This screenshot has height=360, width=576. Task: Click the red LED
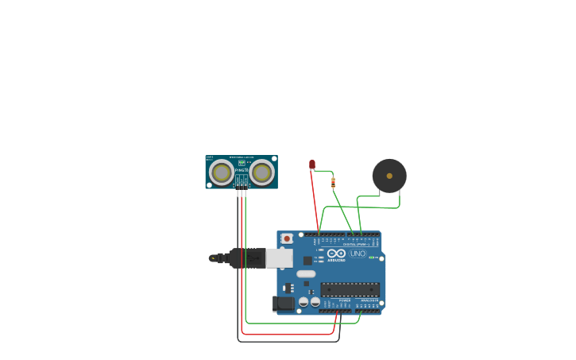(x=312, y=164)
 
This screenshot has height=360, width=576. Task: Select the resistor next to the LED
(x=333, y=183)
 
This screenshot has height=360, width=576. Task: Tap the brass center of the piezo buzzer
(x=389, y=176)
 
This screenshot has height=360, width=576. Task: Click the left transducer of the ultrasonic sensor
(x=222, y=172)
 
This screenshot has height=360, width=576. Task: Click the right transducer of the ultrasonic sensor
(x=261, y=172)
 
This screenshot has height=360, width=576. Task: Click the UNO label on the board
(x=358, y=254)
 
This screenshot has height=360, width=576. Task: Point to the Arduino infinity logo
(x=337, y=254)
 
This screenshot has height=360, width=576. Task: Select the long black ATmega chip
(x=350, y=289)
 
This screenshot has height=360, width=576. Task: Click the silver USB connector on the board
(x=279, y=258)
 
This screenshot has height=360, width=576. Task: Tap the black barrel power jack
(x=283, y=304)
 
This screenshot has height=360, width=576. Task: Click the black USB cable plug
(x=247, y=258)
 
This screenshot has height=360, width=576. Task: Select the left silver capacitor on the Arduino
(x=303, y=302)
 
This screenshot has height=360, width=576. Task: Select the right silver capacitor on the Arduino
(x=315, y=302)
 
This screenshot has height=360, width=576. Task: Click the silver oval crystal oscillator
(x=306, y=274)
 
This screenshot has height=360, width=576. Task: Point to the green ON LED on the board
(x=370, y=257)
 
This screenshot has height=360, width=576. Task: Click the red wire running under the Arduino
(x=286, y=335)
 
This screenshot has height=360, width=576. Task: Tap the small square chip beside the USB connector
(x=307, y=261)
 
